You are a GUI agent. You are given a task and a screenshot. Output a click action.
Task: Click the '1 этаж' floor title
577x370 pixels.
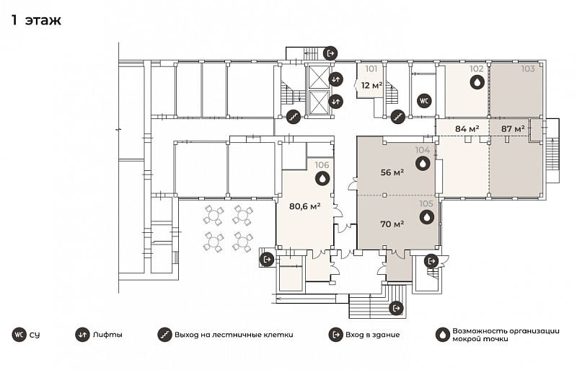[x=36, y=20]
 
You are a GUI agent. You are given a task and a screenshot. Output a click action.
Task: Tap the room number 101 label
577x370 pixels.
[x=371, y=69]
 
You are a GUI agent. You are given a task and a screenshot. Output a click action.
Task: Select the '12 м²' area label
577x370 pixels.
[x=371, y=86]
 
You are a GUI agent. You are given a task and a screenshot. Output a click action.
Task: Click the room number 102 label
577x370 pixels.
[x=476, y=69]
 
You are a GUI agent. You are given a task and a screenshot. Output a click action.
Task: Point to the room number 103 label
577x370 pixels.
[x=528, y=69]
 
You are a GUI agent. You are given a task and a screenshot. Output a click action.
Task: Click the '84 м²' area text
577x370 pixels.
[x=467, y=129]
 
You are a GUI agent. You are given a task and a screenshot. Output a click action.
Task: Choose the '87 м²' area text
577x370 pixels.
[x=513, y=129]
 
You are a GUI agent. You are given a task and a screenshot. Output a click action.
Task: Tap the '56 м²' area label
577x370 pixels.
[x=392, y=172]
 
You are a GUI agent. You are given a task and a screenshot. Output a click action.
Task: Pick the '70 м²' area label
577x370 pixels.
[x=392, y=224]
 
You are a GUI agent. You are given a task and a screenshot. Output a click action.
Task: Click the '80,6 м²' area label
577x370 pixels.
[x=304, y=206]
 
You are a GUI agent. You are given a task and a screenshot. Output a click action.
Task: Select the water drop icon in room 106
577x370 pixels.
[x=322, y=179]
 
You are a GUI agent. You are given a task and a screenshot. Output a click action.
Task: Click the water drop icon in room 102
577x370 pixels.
[x=477, y=82]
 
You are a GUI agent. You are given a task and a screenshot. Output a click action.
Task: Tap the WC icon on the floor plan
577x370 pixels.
[x=424, y=101]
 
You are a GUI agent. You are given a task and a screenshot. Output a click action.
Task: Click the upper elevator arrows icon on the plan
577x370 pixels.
[x=335, y=79]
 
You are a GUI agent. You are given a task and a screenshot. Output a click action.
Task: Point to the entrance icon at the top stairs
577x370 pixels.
[x=330, y=53]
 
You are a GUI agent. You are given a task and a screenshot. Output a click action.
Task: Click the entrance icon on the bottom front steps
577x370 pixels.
[x=396, y=308]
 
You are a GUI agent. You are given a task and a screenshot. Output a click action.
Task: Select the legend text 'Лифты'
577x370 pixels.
[x=107, y=335]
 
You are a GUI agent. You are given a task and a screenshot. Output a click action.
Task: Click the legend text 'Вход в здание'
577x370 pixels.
[x=372, y=335]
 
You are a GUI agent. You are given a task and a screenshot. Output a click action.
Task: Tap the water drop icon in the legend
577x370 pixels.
[x=443, y=335]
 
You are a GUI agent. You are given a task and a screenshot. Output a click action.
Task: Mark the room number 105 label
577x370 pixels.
[x=426, y=203]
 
